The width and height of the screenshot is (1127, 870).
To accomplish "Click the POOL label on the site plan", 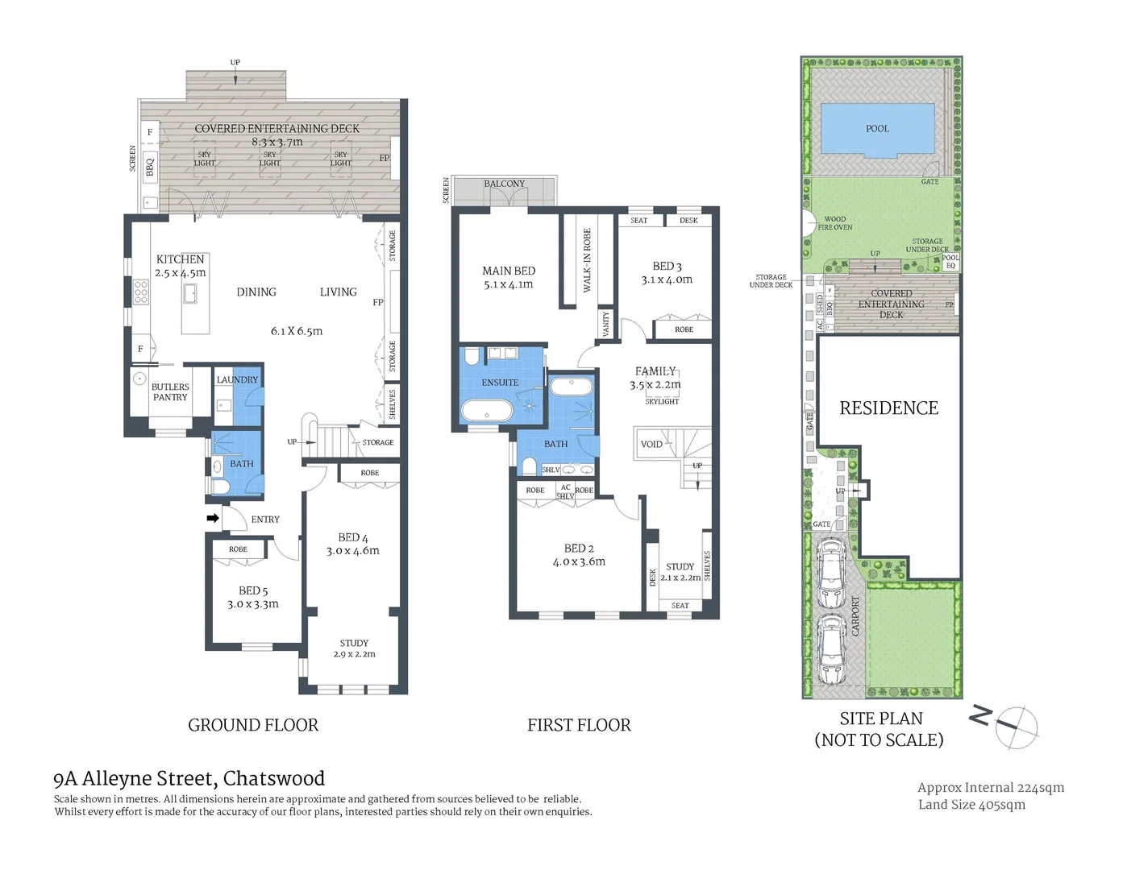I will [877, 129].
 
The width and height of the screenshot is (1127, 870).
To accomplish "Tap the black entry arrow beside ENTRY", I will [213, 518].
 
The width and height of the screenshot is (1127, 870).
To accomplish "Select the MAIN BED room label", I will [509, 271].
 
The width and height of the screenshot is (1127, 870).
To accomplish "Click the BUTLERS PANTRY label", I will [170, 392].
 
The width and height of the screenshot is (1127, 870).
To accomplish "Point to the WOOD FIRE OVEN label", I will [835, 223].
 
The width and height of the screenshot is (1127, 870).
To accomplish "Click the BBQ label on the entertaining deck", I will [150, 167].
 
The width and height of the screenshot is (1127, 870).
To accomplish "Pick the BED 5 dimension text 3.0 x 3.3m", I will [252, 604].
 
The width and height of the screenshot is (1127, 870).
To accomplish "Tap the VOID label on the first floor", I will [651, 444].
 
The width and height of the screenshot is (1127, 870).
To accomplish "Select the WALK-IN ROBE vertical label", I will [587, 259].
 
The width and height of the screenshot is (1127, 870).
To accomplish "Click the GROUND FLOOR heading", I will [253, 725].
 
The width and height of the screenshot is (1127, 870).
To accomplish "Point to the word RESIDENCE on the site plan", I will [888, 408].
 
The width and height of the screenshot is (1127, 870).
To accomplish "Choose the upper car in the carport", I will [830, 574].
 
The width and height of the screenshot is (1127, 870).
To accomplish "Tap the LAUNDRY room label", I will [237, 379].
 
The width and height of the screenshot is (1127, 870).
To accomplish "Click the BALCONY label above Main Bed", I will [504, 184].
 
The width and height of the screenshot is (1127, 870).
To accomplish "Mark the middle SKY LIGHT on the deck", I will [270, 159].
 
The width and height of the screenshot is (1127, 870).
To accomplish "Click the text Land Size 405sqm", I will [971, 805].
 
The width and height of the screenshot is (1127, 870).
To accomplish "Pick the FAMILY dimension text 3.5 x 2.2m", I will [655, 385].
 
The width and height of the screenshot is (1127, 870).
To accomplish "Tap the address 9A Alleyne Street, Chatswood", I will [189, 779].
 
